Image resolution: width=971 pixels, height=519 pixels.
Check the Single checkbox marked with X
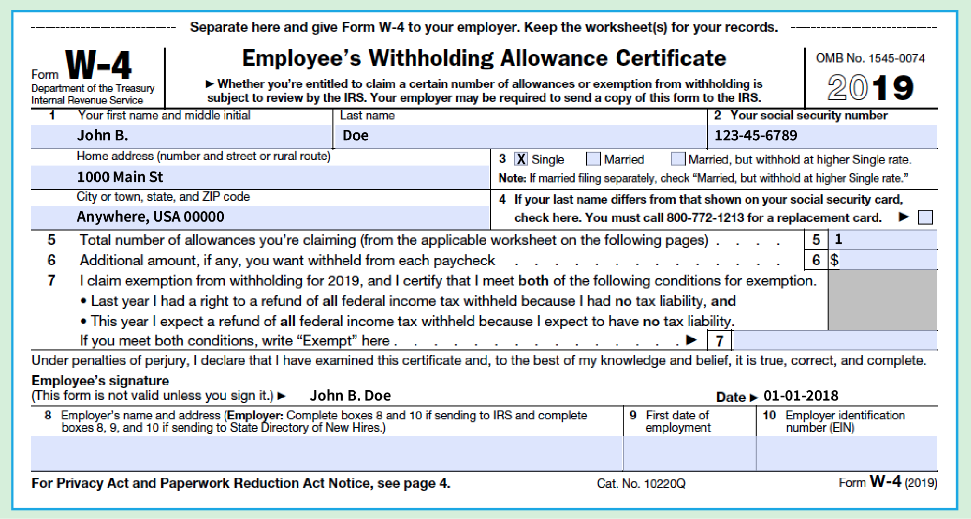click(520, 159)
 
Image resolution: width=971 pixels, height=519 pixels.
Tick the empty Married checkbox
click(593, 159)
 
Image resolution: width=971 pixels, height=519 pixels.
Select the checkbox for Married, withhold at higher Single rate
click(677, 159)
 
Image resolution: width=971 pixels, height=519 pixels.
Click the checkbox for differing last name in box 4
click(925, 217)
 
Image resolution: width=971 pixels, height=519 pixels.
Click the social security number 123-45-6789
click(755, 135)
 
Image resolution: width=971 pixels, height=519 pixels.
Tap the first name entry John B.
click(103, 135)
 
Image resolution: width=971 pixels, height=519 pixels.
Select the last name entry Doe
click(356, 135)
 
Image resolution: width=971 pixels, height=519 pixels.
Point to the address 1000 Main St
click(120, 177)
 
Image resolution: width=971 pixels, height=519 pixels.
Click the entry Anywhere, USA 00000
click(150, 217)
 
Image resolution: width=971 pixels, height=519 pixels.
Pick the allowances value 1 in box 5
click(839, 239)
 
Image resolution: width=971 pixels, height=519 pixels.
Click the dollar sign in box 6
click(835, 260)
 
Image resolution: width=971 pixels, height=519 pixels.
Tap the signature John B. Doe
click(350, 396)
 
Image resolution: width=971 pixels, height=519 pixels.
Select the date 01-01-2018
click(801, 396)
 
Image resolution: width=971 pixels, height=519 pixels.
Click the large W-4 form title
click(98, 65)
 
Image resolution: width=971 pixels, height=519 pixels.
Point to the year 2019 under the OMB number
click(870, 88)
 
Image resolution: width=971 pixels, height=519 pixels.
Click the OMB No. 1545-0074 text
click(870, 58)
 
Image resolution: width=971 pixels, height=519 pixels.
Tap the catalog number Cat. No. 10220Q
click(641, 483)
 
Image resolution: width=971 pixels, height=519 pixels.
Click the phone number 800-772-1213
click(705, 218)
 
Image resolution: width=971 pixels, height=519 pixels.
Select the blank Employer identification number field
click(846, 453)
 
